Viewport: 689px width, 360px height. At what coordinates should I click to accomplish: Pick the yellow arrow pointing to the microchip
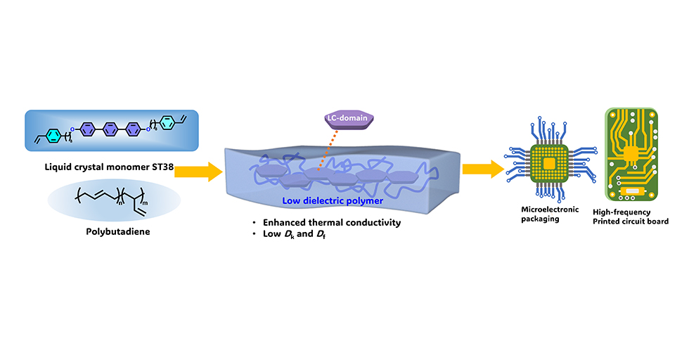[x=482, y=169]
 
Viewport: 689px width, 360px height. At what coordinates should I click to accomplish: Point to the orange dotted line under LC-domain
[x=333, y=150]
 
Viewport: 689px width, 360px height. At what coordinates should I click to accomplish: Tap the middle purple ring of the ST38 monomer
[x=109, y=129]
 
